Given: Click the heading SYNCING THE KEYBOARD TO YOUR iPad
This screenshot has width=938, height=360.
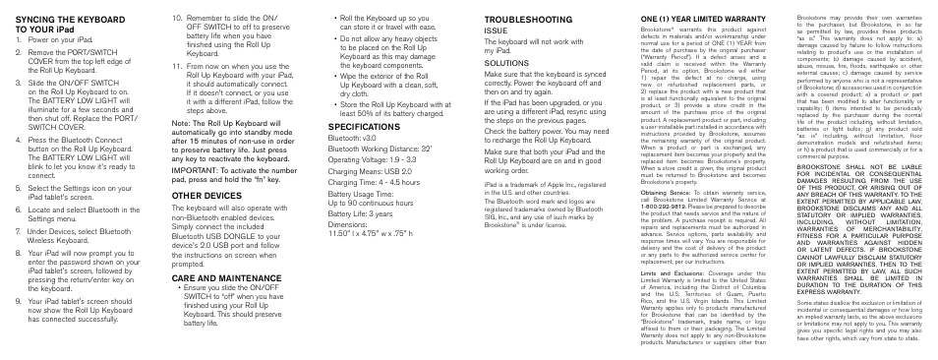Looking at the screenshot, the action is click(70, 24).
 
